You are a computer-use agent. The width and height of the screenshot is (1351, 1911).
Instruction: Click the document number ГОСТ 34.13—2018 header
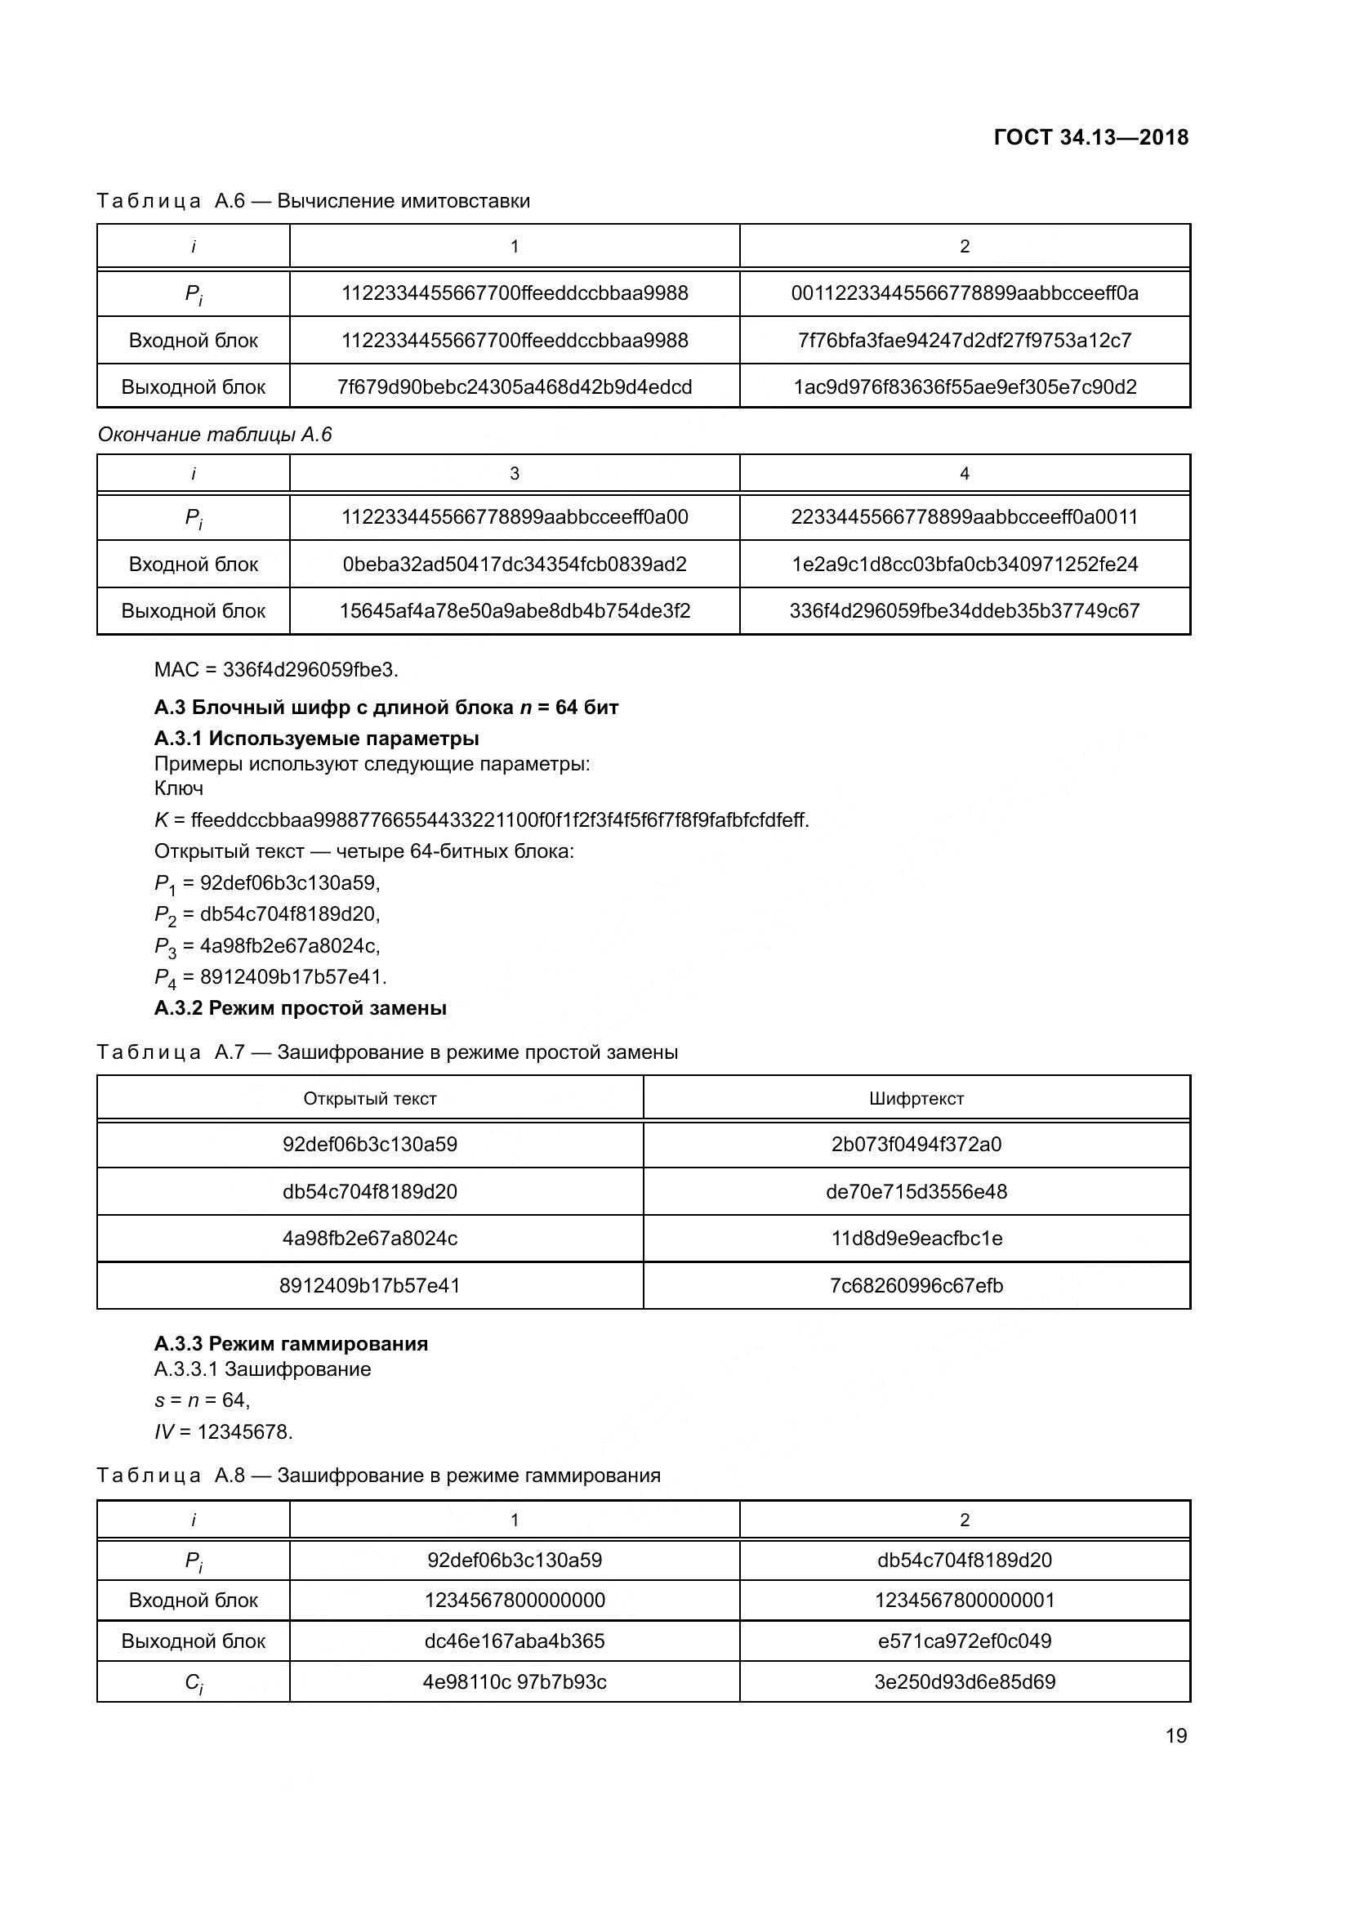pos(1090,137)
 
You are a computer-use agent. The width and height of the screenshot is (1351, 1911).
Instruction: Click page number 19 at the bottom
pos(1175,1735)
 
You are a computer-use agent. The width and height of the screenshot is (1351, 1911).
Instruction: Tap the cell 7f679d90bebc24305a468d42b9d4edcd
pos(514,387)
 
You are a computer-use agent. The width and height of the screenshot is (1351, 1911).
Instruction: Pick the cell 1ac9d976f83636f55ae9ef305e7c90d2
pos(964,387)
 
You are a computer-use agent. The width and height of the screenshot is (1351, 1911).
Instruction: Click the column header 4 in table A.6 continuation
pos(964,474)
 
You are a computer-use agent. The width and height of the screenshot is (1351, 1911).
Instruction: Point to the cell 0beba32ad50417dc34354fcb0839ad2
pos(514,565)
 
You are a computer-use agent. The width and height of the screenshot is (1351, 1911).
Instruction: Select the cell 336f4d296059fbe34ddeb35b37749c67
pos(964,611)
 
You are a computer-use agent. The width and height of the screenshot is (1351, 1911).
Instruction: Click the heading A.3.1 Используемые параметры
pos(316,739)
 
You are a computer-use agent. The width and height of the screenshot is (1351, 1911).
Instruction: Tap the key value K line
pos(481,819)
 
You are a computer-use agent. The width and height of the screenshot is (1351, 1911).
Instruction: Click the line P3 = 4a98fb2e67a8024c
pos(267,945)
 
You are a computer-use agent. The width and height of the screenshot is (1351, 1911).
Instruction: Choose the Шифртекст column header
pos(916,1099)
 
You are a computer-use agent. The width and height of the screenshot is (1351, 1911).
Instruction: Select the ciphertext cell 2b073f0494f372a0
pos(916,1145)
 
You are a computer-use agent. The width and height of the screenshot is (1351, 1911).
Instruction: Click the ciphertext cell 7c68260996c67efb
pos(916,1286)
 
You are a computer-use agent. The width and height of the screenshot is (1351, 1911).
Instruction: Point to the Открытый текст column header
pos(369,1099)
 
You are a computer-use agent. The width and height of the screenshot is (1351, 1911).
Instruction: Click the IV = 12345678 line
pos(223,1432)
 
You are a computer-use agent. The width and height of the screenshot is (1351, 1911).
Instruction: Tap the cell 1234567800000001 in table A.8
pos(964,1600)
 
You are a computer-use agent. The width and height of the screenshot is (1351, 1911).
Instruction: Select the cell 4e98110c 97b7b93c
pos(514,1681)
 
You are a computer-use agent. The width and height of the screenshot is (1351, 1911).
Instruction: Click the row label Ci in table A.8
pos(193,1682)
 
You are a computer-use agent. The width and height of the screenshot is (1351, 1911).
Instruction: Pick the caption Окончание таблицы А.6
pos(215,435)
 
